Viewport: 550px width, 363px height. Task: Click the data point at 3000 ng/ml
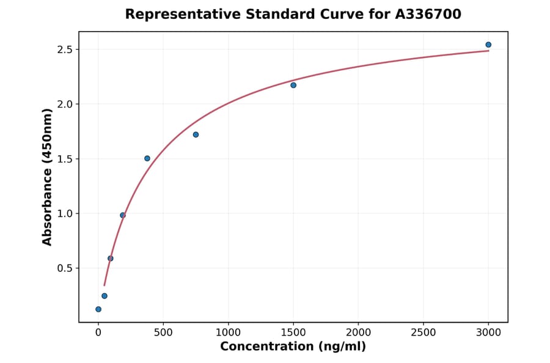pyautogui.click(x=488, y=45)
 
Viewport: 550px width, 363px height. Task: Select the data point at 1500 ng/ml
pyautogui.click(x=293, y=85)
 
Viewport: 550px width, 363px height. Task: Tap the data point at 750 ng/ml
pyautogui.click(x=196, y=134)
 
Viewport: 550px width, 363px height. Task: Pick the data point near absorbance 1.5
pyautogui.click(x=147, y=158)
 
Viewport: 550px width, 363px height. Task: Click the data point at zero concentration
pyautogui.click(x=98, y=309)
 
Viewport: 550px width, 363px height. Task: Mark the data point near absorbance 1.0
pyautogui.click(x=123, y=215)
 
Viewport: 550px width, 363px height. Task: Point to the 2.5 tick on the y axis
pyautogui.click(x=65, y=50)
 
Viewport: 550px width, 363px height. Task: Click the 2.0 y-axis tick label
pyautogui.click(x=65, y=104)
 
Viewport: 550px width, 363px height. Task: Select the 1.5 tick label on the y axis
pyautogui.click(x=65, y=159)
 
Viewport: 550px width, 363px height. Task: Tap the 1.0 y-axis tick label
pyautogui.click(x=65, y=213)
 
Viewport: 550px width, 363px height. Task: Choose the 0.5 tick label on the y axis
pyautogui.click(x=65, y=268)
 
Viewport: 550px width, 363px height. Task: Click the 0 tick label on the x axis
pyautogui.click(x=98, y=332)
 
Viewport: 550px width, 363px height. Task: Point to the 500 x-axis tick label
pyautogui.click(x=163, y=332)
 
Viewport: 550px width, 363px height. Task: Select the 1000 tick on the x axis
pyautogui.click(x=228, y=332)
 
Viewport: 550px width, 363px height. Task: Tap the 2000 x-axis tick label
pyautogui.click(x=358, y=332)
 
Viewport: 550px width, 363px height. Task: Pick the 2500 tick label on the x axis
pyautogui.click(x=424, y=332)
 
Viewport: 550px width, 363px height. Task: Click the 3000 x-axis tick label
pyautogui.click(x=488, y=332)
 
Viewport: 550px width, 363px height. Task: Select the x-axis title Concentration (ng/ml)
pyautogui.click(x=293, y=347)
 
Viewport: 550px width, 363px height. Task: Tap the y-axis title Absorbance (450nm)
pyautogui.click(x=47, y=177)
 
